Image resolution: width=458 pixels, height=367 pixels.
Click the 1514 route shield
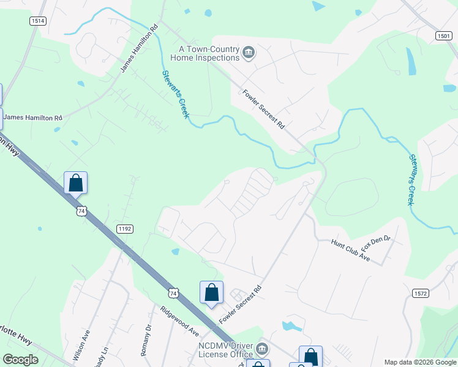click(x=38, y=21)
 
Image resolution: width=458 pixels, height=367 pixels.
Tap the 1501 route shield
click(x=444, y=37)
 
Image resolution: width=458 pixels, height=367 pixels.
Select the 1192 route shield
click(x=125, y=229)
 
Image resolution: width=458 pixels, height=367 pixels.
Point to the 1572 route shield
click(x=420, y=293)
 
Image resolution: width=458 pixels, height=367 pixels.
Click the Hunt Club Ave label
click(x=351, y=250)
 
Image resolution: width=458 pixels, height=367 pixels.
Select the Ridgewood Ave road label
click(x=179, y=321)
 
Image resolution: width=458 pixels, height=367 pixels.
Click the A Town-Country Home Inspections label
click(x=208, y=53)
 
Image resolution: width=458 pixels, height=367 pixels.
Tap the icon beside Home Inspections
click(x=249, y=54)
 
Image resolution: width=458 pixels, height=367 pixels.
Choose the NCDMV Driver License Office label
click(x=225, y=350)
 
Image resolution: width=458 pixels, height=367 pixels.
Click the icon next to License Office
click(x=262, y=350)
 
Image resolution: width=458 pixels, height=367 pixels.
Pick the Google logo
click(x=20, y=360)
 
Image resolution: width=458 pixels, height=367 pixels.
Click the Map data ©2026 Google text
click(x=420, y=362)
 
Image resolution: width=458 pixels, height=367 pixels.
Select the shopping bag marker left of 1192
click(x=76, y=182)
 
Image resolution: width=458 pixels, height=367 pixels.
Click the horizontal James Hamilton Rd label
click(x=33, y=117)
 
